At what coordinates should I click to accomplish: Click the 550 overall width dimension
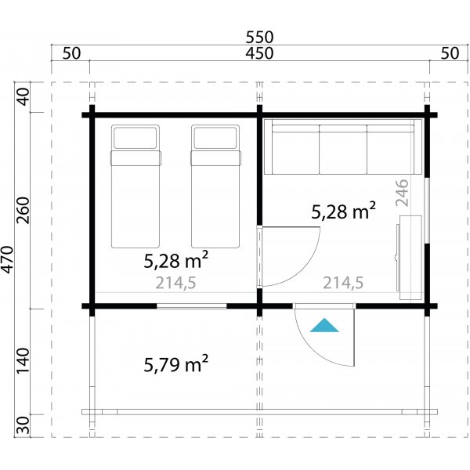(258, 37)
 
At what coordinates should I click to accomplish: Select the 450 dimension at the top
(258, 53)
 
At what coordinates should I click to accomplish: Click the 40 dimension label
(23, 97)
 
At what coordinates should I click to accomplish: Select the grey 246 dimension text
(403, 192)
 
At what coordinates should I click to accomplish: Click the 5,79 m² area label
(175, 363)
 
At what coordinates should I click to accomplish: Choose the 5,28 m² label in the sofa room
(343, 211)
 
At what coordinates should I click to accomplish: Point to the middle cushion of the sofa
(342, 149)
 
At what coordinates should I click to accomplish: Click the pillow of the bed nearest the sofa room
(215, 139)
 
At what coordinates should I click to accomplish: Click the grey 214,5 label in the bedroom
(175, 284)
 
